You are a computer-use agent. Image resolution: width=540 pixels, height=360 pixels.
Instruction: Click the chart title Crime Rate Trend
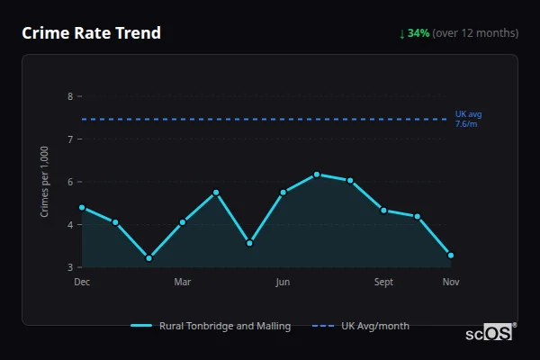click(91, 33)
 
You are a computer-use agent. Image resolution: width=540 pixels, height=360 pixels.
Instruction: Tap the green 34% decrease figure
click(418, 33)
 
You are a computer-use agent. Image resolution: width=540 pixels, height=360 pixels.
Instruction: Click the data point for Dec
click(82, 207)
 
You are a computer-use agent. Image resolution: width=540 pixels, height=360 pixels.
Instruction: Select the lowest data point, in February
click(148, 258)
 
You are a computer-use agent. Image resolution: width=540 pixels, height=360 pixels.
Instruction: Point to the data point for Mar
click(183, 221)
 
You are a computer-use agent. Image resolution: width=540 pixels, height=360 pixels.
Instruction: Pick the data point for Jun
click(283, 192)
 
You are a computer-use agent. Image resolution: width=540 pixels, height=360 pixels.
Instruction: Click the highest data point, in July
click(317, 175)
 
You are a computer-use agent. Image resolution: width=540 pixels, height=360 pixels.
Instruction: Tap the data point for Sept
click(383, 211)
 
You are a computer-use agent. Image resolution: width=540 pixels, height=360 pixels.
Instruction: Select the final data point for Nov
click(451, 256)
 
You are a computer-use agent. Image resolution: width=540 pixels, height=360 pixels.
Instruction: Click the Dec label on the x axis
click(82, 282)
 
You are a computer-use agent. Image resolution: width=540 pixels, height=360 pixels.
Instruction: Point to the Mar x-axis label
click(183, 282)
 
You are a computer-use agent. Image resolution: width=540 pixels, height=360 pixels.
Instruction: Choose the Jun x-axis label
click(283, 282)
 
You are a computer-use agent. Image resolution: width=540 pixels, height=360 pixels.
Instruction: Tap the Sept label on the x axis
click(383, 282)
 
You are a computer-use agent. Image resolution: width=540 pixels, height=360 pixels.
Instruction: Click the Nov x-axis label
click(451, 282)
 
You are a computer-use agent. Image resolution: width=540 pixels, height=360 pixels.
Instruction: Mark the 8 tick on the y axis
click(70, 96)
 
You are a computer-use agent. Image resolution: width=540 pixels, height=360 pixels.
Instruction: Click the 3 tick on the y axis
click(70, 267)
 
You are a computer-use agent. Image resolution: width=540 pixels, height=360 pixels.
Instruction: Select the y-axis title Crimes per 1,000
click(45, 182)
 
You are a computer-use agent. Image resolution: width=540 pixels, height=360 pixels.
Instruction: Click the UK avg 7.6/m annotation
click(469, 119)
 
